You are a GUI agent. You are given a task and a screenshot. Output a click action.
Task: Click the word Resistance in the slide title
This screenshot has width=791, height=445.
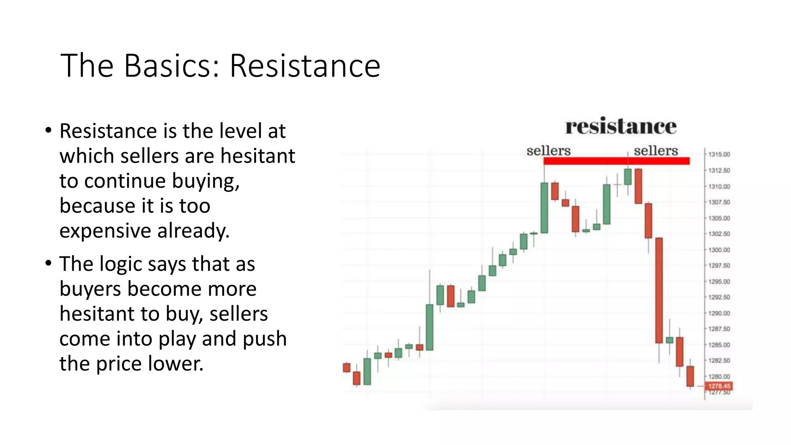[305, 66]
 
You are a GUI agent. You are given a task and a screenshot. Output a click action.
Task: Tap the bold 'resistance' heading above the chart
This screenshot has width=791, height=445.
[621, 127]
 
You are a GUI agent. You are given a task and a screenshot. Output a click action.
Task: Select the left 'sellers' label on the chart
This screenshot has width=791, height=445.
[548, 151]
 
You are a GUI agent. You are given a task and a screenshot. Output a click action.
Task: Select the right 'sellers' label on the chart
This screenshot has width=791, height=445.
[656, 151]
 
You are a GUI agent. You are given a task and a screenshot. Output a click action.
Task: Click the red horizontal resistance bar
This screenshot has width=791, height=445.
[616, 161]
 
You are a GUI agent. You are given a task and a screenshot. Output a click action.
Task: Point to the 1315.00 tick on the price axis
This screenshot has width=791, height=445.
[719, 155]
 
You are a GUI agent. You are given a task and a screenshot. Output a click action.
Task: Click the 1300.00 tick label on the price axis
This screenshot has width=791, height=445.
[719, 250]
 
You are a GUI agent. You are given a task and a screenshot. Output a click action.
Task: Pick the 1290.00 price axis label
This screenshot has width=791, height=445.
[719, 313]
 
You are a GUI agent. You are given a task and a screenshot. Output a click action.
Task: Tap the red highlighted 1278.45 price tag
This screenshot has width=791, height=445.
[719, 386]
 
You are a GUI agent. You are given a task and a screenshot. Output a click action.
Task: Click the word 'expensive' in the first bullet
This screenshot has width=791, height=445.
[105, 231]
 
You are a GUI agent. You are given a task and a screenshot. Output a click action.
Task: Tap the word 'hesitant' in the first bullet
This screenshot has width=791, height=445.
[258, 156]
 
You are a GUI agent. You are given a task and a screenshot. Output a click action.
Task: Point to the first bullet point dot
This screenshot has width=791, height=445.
[48, 130]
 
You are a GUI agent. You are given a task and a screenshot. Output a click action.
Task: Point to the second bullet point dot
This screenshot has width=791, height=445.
[48, 263]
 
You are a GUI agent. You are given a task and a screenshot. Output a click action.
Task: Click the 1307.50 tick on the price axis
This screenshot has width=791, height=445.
[719, 202]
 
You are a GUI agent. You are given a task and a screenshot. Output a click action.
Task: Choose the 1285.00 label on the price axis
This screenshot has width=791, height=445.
[719, 345]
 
